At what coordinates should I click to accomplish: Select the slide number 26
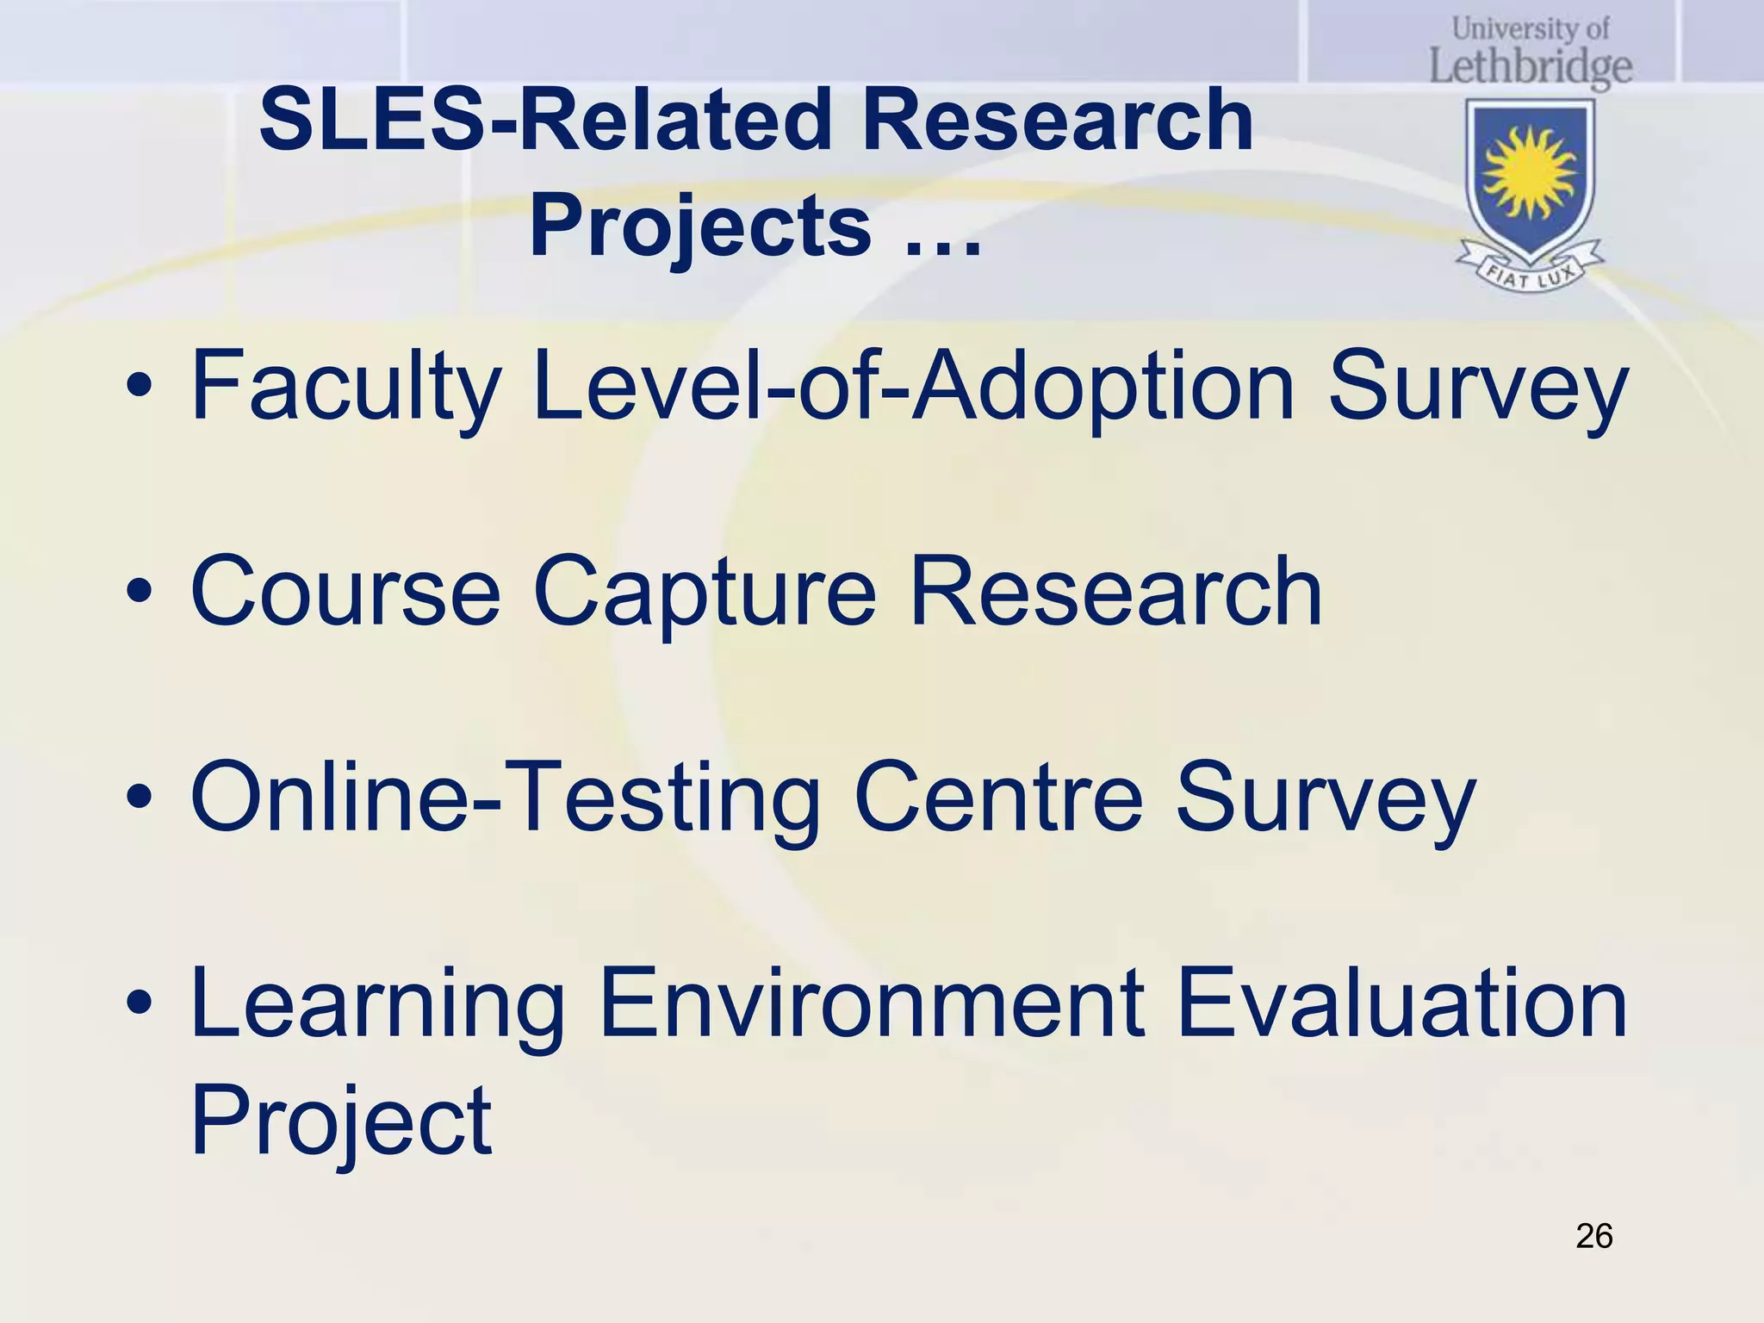[x=1593, y=1236]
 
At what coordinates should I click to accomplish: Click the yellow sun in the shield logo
[x=1530, y=171]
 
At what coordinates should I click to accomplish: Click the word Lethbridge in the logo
[x=1531, y=67]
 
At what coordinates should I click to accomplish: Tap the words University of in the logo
[x=1531, y=28]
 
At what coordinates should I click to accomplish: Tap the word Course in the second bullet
[x=345, y=592]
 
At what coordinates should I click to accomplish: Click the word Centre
[x=998, y=798]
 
